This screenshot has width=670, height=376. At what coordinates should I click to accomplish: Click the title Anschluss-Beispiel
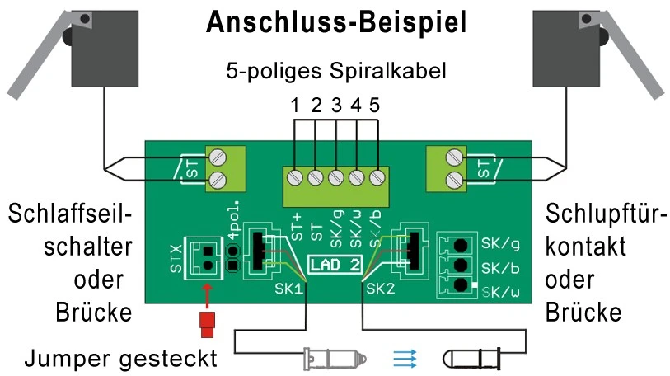(x=335, y=23)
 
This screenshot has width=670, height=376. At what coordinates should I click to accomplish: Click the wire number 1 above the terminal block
(x=294, y=106)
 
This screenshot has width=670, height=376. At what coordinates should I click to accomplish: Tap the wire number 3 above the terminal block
(x=335, y=106)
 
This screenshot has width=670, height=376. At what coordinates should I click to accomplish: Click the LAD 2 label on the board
(x=334, y=266)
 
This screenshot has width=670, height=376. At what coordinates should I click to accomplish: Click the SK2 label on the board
(x=380, y=289)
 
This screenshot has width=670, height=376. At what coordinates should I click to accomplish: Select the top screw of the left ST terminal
(x=218, y=156)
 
